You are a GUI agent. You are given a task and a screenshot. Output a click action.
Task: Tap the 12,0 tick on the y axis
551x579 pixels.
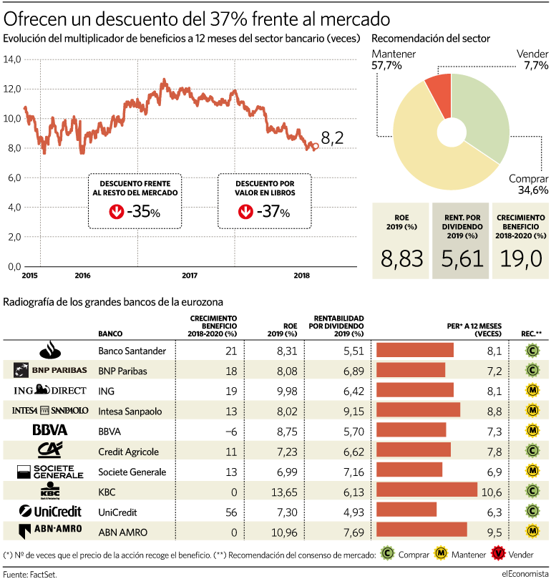(12, 89)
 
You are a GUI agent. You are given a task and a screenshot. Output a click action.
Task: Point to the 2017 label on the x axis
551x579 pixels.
(190, 276)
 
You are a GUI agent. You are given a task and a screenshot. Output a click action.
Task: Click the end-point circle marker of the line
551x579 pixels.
(316, 146)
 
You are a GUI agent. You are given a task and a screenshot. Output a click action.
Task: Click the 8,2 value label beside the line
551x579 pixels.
(332, 138)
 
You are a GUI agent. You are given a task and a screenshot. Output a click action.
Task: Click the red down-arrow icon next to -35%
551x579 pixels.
(116, 212)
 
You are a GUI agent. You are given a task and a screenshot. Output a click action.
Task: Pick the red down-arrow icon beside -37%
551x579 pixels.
(245, 212)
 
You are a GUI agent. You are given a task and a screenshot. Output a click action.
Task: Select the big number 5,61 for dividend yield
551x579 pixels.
(462, 258)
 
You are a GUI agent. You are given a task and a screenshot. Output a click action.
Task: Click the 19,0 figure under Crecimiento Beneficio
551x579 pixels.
(521, 258)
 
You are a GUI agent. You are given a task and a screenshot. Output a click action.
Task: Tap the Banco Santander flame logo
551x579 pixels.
(50, 350)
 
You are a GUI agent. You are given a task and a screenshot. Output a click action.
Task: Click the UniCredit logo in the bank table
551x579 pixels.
(50, 512)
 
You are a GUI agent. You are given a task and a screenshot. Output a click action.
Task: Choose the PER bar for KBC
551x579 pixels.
(427, 490)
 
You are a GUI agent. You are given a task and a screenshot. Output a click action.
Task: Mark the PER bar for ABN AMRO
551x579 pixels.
(421, 530)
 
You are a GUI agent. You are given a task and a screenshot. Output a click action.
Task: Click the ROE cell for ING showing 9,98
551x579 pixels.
(287, 391)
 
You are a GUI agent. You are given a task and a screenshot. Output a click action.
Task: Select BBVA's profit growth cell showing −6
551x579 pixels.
(230, 432)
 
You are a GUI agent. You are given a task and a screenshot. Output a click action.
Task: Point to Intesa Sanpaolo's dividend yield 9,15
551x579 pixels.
(353, 411)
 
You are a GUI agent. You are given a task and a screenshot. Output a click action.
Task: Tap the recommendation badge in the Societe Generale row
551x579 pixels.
(532, 471)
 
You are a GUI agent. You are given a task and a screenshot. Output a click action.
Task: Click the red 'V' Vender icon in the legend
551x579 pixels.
(498, 553)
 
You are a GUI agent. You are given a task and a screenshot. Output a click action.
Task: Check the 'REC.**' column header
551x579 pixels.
(531, 334)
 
